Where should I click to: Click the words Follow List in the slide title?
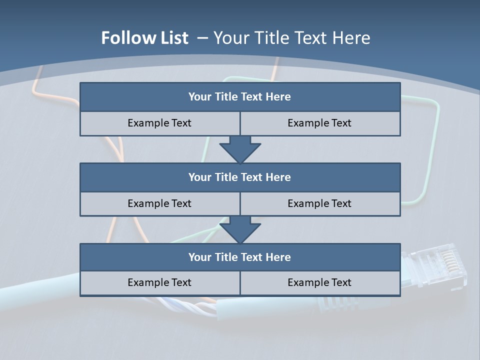point(145,38)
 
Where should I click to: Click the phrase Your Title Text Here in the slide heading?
point(291,38)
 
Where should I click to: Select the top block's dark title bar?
point(240,97)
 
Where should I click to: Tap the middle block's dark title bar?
point(240,177)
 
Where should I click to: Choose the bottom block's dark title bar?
point(240,257)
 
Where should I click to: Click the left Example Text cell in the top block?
point(160,123)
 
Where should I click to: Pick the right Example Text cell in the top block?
point(320,123)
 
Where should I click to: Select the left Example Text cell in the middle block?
point(160,203)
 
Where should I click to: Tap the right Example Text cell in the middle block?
point(320,203)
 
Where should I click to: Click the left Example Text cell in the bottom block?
point(160,282)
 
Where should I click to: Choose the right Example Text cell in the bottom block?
point(320,282)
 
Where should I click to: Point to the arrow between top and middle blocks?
point(240,149)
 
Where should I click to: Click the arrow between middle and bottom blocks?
point(240,229)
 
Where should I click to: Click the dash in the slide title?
point(202,38)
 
